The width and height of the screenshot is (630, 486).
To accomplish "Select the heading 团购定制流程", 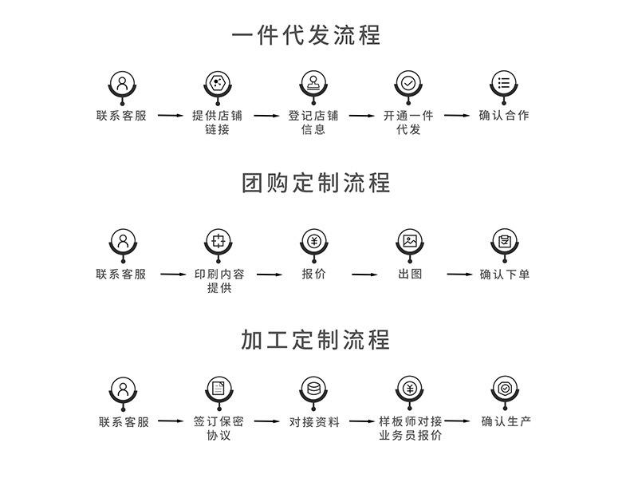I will [316, 183].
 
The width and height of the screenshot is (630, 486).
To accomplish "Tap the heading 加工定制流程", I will [316, 339].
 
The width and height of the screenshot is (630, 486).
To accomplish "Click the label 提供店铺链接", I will [217, 122].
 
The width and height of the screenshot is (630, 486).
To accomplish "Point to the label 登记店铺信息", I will [313, 122].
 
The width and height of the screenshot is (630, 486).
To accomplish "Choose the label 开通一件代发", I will [408, 122].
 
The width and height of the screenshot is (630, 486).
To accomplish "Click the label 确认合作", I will [504, 115].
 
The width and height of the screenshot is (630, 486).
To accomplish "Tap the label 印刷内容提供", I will [219, 281].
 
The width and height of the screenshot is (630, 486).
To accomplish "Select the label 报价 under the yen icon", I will [313, 274].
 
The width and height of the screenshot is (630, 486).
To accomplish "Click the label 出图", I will [410, 274].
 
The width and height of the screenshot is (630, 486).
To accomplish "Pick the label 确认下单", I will [505, 274].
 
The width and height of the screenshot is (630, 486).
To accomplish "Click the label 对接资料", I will [314, 421].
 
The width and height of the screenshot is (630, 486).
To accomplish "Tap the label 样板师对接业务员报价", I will [410, 429].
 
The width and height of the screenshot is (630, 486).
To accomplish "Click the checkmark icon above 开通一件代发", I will [408, 82].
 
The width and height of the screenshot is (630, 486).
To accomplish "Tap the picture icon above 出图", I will [410, 240].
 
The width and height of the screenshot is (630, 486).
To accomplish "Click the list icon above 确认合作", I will [504, 82].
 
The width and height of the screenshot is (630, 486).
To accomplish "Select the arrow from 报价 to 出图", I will [364, 275].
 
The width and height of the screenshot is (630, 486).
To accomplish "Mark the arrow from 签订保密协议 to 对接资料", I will [266, 421].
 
